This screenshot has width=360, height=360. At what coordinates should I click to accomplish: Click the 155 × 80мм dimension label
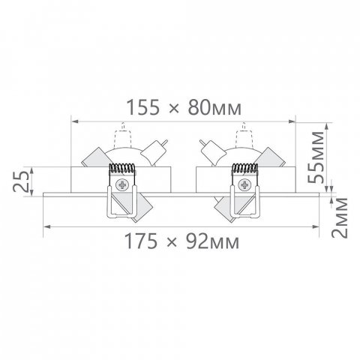pos(184,108)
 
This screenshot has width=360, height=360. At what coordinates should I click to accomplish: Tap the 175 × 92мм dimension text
pos(181,241)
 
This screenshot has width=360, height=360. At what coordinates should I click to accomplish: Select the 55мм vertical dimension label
pos(315,157)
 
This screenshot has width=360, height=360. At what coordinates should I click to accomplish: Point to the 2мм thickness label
pos(340,217)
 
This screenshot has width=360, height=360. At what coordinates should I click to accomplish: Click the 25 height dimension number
pos(21,181)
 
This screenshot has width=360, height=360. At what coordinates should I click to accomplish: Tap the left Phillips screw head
pos(122,185)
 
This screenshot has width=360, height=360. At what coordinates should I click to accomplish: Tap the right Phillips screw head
pos(244,185)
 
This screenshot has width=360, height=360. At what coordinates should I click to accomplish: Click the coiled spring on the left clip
pos(122,168)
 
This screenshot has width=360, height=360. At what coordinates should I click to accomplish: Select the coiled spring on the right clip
pos(244,168)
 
